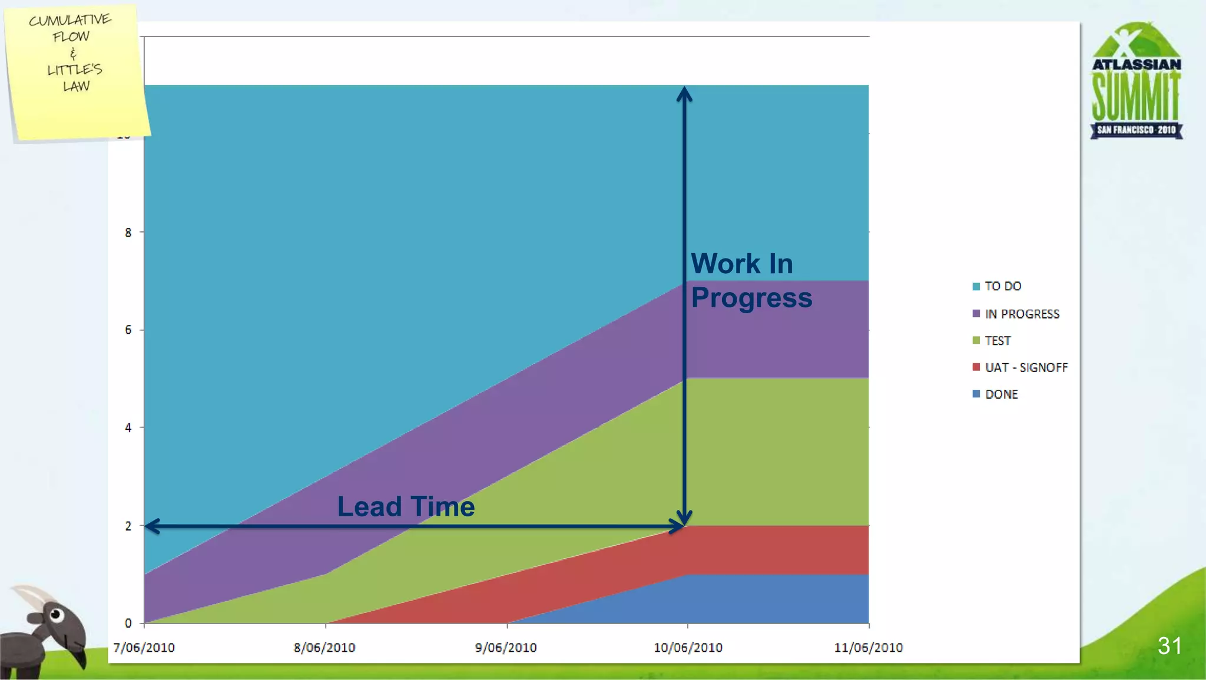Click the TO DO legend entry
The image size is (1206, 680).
[x=1002, y=286]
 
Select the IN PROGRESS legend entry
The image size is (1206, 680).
[x=1022, y=314]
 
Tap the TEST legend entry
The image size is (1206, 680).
[x=998, y=341]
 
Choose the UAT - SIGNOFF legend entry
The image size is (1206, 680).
[x=1026, y=367]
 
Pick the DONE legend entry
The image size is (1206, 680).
[x=1001, y=394]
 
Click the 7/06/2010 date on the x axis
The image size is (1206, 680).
[x=144, y=648]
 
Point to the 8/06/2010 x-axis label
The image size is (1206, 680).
[x=324, y=648]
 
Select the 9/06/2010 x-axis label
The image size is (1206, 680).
[x=506, y=648]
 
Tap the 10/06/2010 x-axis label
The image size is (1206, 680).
[x=688, y=648]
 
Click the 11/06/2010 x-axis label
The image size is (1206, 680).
[x=869, y=648]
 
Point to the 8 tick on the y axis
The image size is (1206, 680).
[x=128, y=233]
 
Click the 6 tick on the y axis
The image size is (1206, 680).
[x=128, y=330]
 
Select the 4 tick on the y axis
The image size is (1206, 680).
[x=128, y=428]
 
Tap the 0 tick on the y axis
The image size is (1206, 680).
[x=128, y=623]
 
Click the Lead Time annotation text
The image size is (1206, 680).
[x=406, y=506]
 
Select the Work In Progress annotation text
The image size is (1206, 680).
[x=751, y=280]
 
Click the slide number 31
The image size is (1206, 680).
[x=1169, y=646]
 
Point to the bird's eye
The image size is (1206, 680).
[x=56, y=615]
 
